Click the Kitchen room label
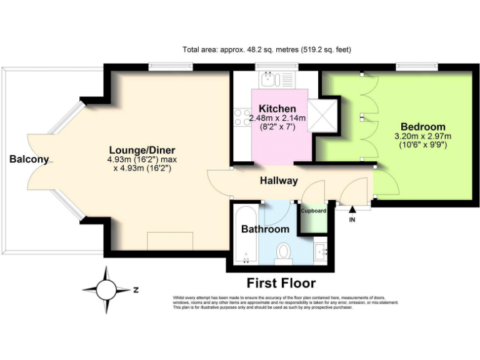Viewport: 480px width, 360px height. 277,109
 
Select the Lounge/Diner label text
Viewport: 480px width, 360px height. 142,150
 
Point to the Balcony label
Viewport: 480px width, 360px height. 29,159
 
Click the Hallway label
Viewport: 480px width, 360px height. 279,181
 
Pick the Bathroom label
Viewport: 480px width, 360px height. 265,229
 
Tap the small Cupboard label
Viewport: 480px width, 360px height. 314,211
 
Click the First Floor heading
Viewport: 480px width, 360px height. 281,282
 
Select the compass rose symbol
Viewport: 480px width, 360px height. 107,289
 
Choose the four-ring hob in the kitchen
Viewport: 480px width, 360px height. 242,117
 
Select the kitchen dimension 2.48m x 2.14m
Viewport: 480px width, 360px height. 277,118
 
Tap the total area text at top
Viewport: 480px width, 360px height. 271,49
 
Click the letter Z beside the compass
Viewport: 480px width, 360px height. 136,290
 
